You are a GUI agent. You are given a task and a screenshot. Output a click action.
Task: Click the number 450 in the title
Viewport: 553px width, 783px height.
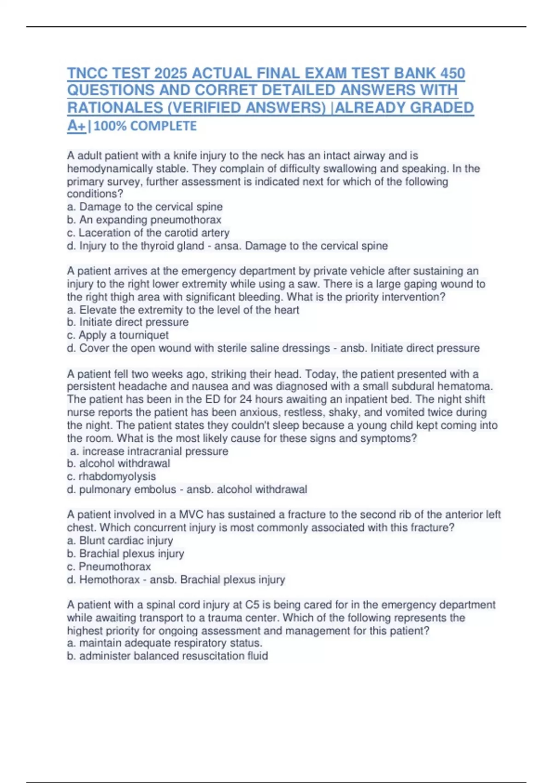453,73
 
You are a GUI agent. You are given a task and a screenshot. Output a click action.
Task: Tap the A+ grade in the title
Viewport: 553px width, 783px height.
76,125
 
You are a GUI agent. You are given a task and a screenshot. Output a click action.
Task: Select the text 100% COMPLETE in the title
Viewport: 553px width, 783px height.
145,126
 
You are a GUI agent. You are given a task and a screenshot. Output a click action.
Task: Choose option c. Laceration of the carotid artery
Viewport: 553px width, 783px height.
148,233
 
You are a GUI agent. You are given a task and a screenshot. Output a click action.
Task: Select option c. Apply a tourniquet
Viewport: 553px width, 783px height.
118,335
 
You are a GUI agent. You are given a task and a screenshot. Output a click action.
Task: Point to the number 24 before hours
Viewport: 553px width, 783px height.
245,399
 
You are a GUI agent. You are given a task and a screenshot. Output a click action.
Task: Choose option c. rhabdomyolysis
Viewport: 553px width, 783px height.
111,476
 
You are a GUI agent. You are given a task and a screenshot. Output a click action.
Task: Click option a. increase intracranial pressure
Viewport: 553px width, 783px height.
149,451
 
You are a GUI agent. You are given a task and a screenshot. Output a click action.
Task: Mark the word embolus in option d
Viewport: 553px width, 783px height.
153,489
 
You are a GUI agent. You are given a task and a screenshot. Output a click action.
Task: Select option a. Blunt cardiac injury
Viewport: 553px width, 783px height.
120,540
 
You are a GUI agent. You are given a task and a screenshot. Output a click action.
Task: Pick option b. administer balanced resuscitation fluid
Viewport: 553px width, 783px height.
167,655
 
